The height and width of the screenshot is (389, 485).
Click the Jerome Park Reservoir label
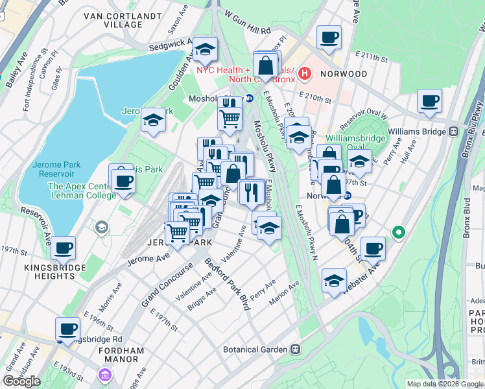[55, 169]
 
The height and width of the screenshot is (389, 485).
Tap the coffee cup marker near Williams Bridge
[429, 102]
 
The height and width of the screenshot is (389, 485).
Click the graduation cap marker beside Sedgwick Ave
[205, 50]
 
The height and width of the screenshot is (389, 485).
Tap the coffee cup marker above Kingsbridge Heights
[63, 248]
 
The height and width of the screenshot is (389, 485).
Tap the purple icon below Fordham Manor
[104, 374]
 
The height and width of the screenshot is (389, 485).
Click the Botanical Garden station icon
[295, 349]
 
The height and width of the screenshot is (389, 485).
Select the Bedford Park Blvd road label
[227, 284]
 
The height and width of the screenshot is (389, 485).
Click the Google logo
[21, 381]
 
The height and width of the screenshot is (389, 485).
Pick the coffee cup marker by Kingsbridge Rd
[67, 328]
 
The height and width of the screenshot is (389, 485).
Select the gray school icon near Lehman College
[102, 227]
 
